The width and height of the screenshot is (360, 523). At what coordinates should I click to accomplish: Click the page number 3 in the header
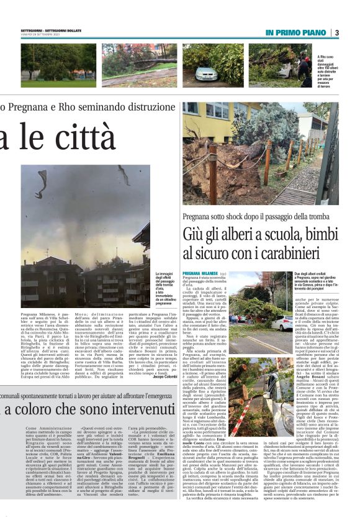[x=336, y=32]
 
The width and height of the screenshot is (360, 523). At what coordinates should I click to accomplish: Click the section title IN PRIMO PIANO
[x=296, y=32]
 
